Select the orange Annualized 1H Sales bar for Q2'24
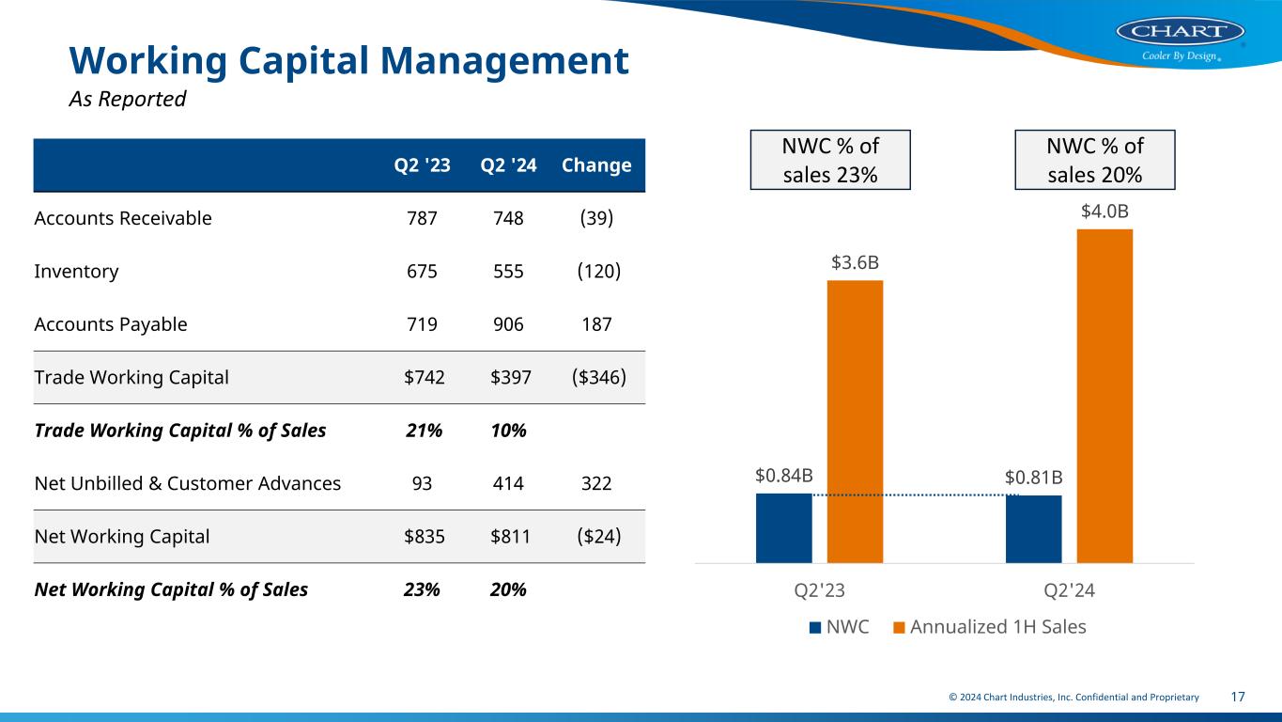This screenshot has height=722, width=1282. (1104, 395)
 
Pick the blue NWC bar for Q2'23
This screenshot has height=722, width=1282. (783, 527)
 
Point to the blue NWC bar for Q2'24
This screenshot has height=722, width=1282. (1033, 528)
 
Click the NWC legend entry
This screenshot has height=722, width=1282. (839, 626)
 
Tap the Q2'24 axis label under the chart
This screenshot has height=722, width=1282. (1069, 590)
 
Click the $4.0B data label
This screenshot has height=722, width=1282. (1104, 212)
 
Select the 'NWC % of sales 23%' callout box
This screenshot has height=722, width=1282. (830, 160)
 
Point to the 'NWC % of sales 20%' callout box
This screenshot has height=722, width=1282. (1095, 160)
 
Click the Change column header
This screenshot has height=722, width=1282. (596, 165)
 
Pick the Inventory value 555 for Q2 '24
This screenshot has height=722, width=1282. (507, 272)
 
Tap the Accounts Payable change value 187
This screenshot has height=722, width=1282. (596, 324)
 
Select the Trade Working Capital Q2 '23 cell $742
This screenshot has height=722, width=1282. (425, 377)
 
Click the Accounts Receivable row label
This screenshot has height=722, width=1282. (123, 218)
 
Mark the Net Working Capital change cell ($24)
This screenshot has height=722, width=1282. (596, 537)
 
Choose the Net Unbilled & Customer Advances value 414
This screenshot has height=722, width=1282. (507, 483)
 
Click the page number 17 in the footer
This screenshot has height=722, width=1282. (1238, 697)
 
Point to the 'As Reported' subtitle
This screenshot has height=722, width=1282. (128, 99)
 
